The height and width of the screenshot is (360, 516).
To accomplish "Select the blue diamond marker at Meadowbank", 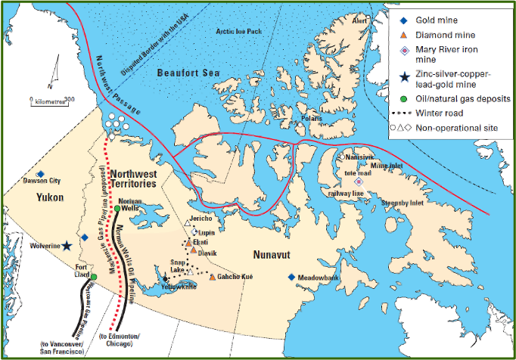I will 291,277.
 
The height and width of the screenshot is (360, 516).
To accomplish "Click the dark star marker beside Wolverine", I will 67,246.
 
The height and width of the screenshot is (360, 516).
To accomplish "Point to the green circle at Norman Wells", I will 117,208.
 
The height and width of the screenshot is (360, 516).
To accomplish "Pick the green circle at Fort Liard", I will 94,276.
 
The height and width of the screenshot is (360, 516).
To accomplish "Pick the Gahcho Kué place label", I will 235,278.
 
